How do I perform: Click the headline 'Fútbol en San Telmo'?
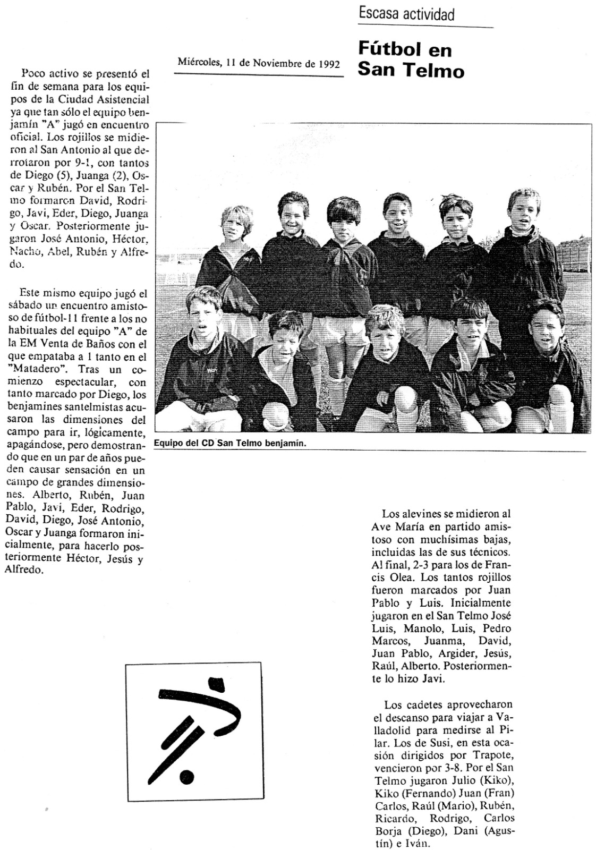point(411,59)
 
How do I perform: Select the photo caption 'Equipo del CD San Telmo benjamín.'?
point(230,443)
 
